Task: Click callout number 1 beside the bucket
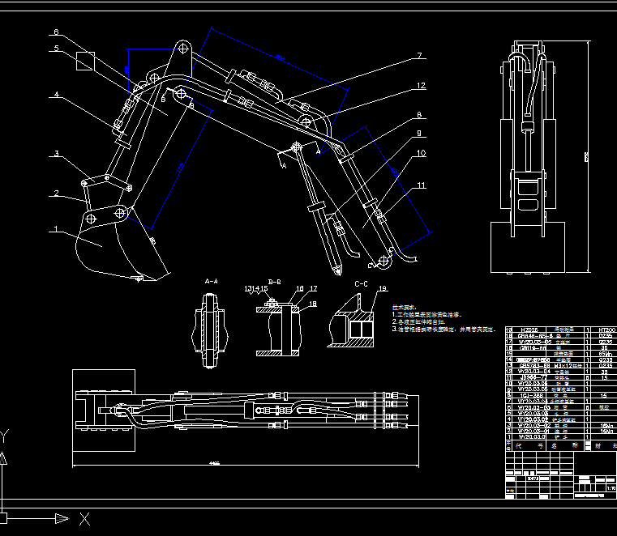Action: [56, 230]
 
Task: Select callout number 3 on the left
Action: [56, 153]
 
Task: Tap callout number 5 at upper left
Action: [56, 49]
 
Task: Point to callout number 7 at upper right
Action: [420, 56]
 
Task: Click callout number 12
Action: [420, 85]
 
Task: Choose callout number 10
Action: [420, 152]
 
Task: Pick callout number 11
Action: [420, 185]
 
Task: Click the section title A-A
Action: [211, 281]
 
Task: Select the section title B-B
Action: [274, 281]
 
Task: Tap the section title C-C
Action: [362, 284]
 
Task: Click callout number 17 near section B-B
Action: [313, 288]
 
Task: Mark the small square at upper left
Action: [85, 62]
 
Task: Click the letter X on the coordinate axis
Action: [85, 518]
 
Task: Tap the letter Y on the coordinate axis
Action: [5, 438]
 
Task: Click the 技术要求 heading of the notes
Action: [403, 308]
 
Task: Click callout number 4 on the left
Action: [56, 95]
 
